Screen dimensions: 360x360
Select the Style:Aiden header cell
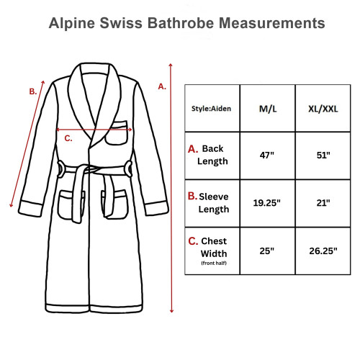pos(211,109)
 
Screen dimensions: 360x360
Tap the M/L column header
pos(266,109)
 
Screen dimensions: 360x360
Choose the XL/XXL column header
pos(323,109)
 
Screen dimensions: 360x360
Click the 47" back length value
pos(266,155)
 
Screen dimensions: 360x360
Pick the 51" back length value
pos(323,155)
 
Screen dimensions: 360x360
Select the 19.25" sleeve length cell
pos(266,203)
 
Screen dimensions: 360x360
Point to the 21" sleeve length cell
pos(323,203)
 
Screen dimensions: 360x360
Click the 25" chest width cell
pos(266,251)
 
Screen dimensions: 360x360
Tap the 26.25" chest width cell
pos(323,251)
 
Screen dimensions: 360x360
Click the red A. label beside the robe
pos(162,86)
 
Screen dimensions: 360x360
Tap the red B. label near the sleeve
pos(32,91)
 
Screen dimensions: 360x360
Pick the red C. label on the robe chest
pos(68,138)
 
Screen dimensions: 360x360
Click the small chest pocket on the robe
pos(117,133)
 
